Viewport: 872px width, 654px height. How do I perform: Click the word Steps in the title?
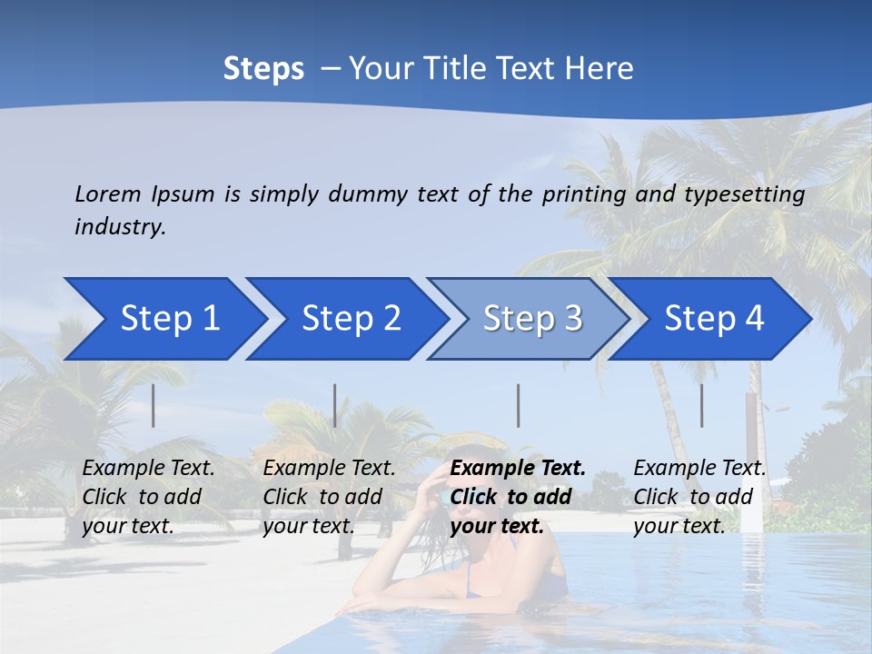click(263, 69)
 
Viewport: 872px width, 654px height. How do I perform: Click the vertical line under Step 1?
click(154, 405)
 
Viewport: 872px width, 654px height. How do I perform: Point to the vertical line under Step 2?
click(335, 405)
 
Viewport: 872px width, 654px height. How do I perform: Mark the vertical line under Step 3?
click(519, 405)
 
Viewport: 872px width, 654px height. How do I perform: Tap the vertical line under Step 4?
click(702, 405)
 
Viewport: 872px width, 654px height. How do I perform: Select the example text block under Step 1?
click(148, 497)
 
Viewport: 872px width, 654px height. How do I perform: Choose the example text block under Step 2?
click(329, 497)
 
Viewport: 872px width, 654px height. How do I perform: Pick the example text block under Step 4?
click(699, 497)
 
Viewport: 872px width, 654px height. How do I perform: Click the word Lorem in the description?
click(108, 194)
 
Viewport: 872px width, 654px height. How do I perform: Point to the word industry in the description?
click(120, 227)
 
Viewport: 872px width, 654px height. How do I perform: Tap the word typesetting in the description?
click(744, 194)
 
